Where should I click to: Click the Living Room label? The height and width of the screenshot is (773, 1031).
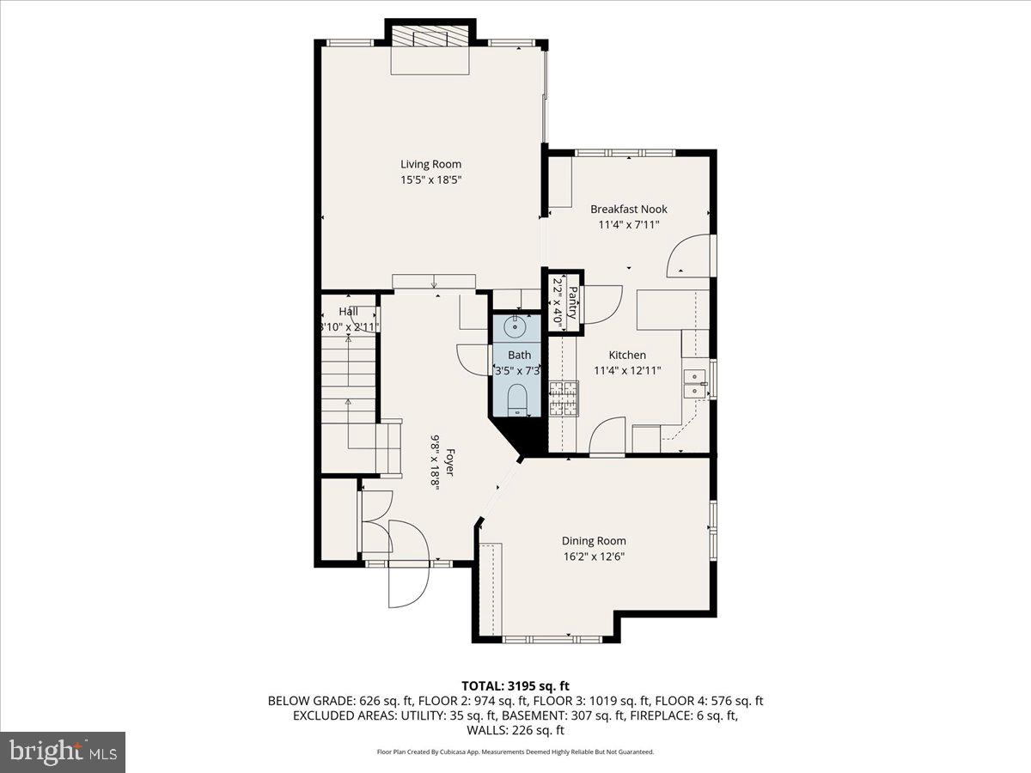430,164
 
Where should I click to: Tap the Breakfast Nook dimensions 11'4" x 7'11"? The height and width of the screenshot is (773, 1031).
628,225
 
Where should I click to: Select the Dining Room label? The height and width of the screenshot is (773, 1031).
594,541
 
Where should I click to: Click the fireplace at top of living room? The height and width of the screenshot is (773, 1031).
431,39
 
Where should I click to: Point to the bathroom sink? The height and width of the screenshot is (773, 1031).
515,326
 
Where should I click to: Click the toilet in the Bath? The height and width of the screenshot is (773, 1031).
517,399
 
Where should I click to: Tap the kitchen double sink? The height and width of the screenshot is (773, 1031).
694,384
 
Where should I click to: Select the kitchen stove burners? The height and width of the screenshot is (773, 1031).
563,399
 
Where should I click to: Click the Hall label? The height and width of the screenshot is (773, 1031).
348,311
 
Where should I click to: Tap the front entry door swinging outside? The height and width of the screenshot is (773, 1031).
408,586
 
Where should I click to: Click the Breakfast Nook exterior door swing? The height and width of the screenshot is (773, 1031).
688,256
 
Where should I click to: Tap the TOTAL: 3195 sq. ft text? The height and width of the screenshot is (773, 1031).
515,685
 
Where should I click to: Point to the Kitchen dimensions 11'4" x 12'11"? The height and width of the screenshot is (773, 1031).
627,371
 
